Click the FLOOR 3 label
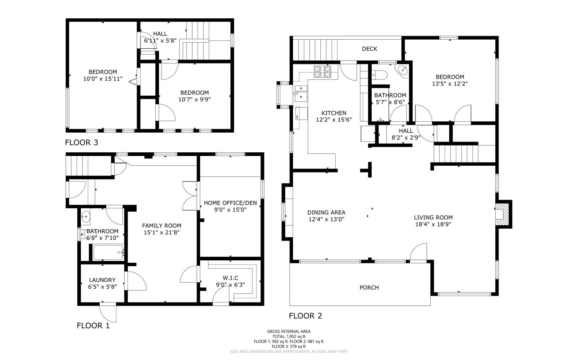click(x=82, y=143)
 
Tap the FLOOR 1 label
click(x=93, y=326)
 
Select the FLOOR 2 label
click(x=306, y=316)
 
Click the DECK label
click(x=370, y=49)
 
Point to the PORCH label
click(x=369, y=287)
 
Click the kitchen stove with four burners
click(x=322, y=72)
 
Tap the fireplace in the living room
click(x=501, y=214)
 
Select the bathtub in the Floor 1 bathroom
click(x=108, y=252)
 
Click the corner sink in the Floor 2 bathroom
click(x=402, y=70)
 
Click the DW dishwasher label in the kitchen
click(x=297, y=117)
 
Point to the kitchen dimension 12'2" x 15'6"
click(x=334, y=120)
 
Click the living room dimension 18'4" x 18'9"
click(x=433, y=224)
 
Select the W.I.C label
click(x=230, y=278)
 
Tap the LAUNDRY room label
click(x=102, y=280)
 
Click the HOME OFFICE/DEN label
click(x=230, y=203)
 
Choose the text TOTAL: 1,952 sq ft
click(x=289, y=336)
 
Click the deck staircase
click(x=315, y=50)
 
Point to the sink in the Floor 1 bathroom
click(x=86, y=216)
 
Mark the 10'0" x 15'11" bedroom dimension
click(x=103, y=79)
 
